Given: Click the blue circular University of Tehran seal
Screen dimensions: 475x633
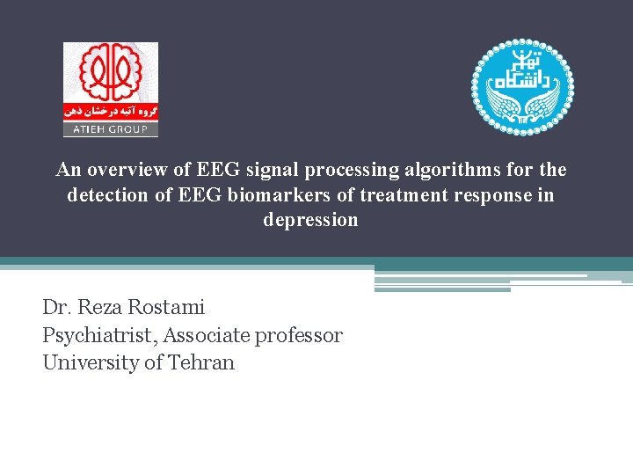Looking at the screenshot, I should pyautogui.click(x=523, y=86).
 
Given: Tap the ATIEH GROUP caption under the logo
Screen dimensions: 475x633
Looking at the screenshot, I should pyautogui.click(x=110, y=129).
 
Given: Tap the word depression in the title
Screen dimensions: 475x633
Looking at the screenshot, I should pyautogui.click(x=310, y=220).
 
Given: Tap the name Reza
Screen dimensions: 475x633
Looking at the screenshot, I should pyautogui.click(x=95, y=307).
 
